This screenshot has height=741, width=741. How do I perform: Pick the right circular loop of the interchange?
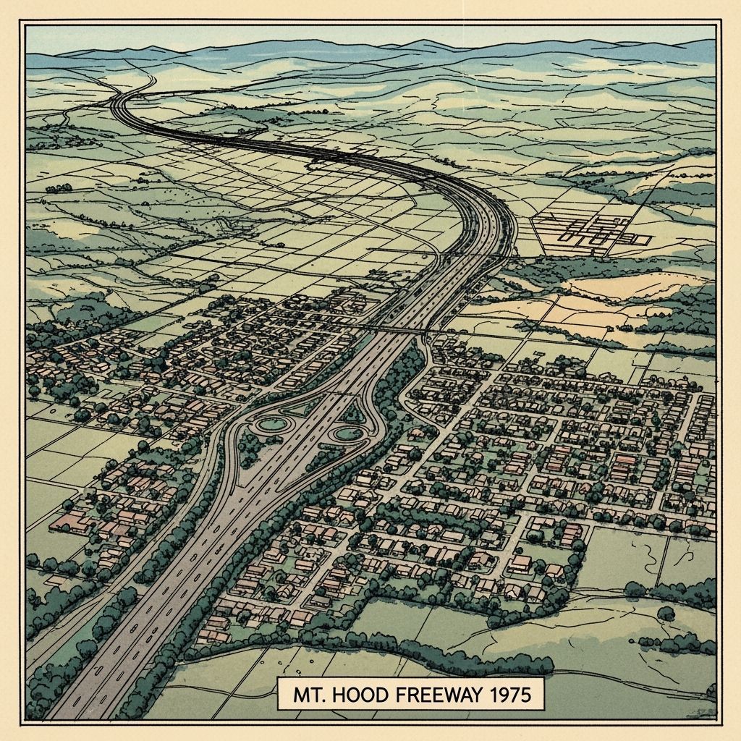click(x=347, y=434)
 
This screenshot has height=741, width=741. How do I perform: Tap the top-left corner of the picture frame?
click(x=22, y=22)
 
